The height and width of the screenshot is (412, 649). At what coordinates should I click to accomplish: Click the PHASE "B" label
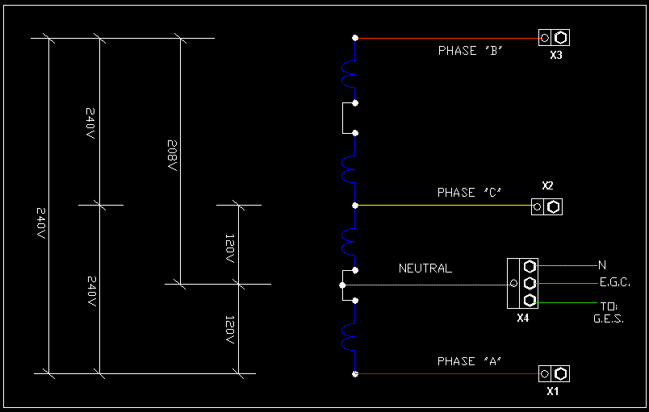pos(471,51)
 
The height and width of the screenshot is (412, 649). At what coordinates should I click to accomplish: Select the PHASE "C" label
pos(470,193)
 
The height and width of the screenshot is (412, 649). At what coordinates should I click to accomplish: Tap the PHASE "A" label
pos(470,361)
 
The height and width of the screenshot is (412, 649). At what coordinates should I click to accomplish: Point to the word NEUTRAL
pos(425,268)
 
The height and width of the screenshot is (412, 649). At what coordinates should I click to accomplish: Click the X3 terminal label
pos(555,56)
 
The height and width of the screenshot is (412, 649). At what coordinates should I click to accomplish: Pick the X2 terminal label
pos(547,186)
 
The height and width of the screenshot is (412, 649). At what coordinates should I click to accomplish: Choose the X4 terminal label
pos(522,318)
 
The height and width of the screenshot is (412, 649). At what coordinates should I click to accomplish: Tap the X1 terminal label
pos(553,392)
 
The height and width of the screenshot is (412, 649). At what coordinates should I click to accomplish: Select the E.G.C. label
pos(614,283)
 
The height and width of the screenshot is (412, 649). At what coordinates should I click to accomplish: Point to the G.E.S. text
pos(609,319)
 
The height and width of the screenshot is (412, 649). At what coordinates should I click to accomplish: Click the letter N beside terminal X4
pos(602,265)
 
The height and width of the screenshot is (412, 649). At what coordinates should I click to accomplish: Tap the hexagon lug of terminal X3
pos(561,37)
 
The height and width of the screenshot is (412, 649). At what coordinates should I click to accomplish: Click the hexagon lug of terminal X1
pos(560,373)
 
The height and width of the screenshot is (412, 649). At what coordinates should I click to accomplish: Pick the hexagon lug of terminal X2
pos(553,206)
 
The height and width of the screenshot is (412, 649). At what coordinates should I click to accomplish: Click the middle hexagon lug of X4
pos(530,283)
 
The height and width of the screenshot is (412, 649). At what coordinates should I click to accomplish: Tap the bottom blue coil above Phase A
pos(348,338)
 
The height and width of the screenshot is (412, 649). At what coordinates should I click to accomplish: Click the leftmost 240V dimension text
pos(42,222)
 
